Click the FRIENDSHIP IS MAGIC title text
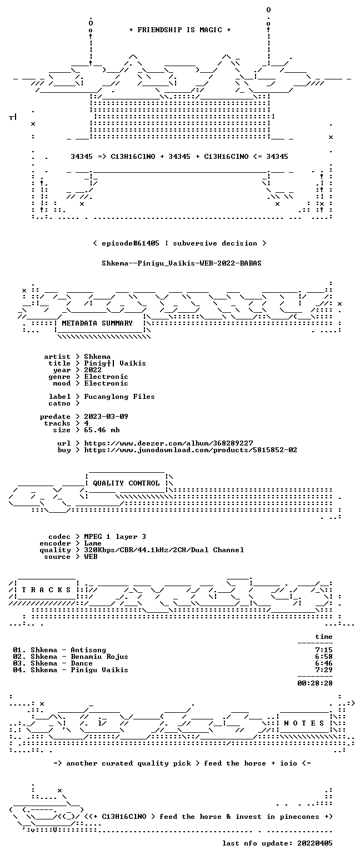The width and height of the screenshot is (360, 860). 180,30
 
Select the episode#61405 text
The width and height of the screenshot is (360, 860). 131,243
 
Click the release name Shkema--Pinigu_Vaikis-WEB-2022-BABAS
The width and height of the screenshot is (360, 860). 182,263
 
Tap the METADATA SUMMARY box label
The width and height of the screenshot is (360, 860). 97,323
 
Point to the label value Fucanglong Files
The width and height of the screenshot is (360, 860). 119,397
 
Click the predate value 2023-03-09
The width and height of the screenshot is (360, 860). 106,417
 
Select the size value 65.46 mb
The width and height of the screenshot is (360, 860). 102,430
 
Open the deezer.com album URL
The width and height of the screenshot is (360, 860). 168,443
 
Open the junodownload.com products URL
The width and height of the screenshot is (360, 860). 191,450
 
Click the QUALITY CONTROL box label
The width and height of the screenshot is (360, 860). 126,483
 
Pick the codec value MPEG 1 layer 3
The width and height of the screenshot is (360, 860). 115,537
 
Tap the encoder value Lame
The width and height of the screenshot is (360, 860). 93,543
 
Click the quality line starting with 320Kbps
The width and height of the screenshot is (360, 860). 164,550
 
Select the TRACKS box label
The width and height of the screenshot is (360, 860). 46,590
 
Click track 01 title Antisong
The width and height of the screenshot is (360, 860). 88,650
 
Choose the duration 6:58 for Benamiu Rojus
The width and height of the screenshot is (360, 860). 323,657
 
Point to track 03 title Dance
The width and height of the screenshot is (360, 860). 82,663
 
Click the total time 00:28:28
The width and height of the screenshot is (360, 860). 314,683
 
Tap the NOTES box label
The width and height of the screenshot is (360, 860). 304,723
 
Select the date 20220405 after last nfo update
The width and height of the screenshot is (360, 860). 314,843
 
